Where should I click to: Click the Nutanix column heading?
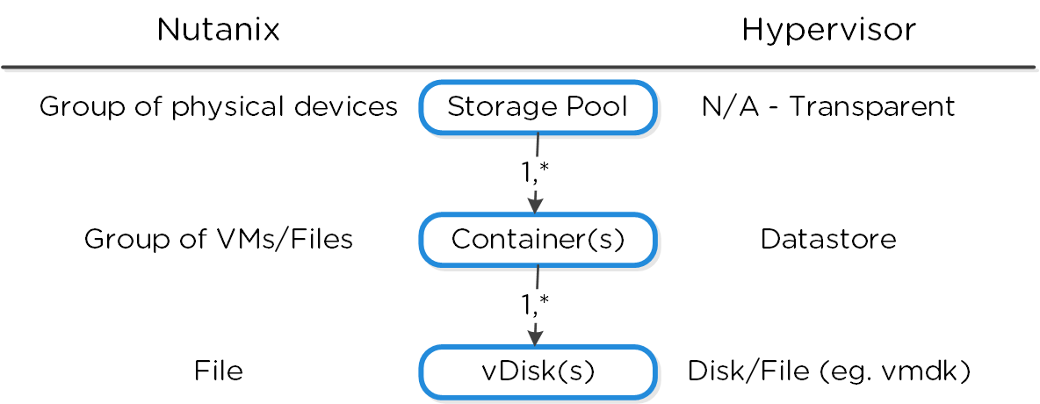click(x=218, y=31)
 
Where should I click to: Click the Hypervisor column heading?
click(x=828, y=31)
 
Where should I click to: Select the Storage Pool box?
click(x=538, y=107)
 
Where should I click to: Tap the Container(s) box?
click(x=538, y=239)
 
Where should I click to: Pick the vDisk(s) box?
click(x=538, y=372)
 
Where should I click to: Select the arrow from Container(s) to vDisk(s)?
click(x=535, y=325)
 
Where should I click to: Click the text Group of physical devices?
click(x=218, y=107)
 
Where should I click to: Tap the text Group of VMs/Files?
click(x=218, y=239)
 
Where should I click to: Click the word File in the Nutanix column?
click(x=218, y=372)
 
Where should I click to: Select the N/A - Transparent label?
click(x=827, y=107)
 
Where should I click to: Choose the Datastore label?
click(x=827, y=239)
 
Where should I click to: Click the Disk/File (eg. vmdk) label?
click(x=827, y=372)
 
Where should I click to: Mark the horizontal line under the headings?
click(x=518, y=67)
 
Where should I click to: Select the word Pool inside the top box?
click(x=598, y=107)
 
